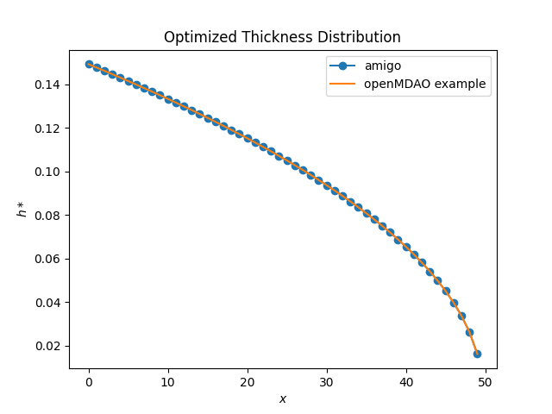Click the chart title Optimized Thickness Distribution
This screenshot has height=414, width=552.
click(x=283, y=38)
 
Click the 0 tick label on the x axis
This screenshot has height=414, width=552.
click(x=89, y=381)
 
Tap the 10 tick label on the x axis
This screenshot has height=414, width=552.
click(x=168, y=381)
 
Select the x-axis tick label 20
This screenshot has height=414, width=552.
click(x=248, y=381)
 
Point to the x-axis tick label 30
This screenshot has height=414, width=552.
click(x=327, y=381)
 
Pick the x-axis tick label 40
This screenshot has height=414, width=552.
click(x=406, y=381)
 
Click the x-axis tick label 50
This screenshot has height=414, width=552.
click(x=486, y=381)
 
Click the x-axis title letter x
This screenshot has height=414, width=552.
click(x=283, y=398)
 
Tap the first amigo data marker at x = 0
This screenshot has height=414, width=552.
click(x=89, y=64)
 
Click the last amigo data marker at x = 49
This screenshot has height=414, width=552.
click(x=477, y=354)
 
